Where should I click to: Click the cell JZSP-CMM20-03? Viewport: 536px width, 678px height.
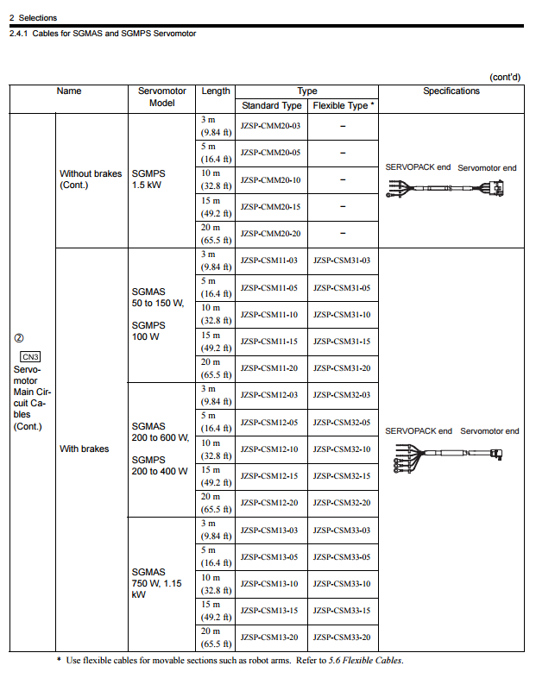click(x=270, y=127)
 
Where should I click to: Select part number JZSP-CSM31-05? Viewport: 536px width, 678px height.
click(x=342, y=288)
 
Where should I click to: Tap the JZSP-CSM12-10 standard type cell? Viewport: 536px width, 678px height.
click(x=270, y=449)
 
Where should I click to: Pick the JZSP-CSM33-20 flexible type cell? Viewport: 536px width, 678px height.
click(x=342, y=637)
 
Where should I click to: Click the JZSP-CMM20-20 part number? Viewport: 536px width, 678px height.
click(x=270, y=234)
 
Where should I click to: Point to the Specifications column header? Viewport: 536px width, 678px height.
click(x=451, y=91)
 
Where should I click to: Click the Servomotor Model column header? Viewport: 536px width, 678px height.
click(x=161, y=97)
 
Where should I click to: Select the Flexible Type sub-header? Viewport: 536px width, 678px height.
click(x=343, y=105)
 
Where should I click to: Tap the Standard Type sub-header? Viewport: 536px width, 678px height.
click(x=271, y=105)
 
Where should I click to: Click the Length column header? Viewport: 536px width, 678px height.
click(x=216, y=91)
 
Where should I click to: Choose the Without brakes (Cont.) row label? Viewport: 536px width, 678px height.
click(x=90, y=179)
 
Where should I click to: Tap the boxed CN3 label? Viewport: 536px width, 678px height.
click(x=30, y=356)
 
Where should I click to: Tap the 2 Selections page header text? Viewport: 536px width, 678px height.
click(x=33, y=17)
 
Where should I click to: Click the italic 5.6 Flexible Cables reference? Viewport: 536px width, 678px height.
click(x=370, y=662)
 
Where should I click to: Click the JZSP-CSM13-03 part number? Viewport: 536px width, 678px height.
click(x=270, y=530)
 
